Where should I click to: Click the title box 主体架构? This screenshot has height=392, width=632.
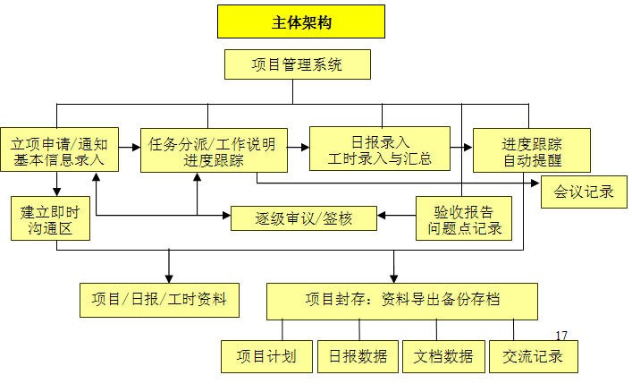point(300,22)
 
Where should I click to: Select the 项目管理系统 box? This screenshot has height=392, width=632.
point(298,64)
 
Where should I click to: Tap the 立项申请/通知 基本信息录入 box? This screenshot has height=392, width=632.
point(59,149)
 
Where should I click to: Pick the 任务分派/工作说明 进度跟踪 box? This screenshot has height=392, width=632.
point(214,149)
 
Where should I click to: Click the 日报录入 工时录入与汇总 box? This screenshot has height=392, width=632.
point(380,149)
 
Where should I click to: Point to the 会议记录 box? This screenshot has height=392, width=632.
point(584,192)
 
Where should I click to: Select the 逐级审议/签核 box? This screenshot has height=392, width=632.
point(304,217)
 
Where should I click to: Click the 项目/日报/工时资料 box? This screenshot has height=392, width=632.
point(160,299)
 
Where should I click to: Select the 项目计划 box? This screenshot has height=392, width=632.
point(266,355)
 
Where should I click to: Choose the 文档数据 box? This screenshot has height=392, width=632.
point(443,355)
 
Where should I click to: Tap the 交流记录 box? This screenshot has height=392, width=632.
point(533,355)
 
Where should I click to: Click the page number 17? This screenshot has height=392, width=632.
point(561,336)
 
